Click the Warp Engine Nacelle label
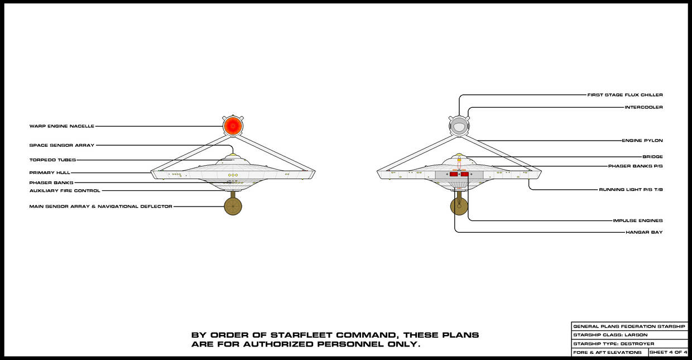(x=62, y=126)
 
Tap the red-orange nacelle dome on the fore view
(x=233, y=126)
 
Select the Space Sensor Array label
(x=62, y=145)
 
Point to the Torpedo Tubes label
(x=52, y=160)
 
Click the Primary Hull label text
(x=50, y=172)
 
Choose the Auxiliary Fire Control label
(x=65, y=191)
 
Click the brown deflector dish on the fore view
(x=233, y=207)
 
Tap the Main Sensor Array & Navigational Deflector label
(x=100, y=207)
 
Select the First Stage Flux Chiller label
(x=625, y=95)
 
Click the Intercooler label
(x=644, y=107)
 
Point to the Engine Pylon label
(x=642, y=140)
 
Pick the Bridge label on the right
(x=652, y=157)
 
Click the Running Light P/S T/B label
(x=631, y=189)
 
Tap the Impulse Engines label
(x=638, y=220)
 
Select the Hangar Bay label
(x=644, y=232)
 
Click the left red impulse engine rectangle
(x=454, y=174)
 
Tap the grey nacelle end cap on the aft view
(x=459, y=126)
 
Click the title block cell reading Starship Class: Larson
(x=629, y=335)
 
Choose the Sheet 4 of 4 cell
(x=668, y=352)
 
